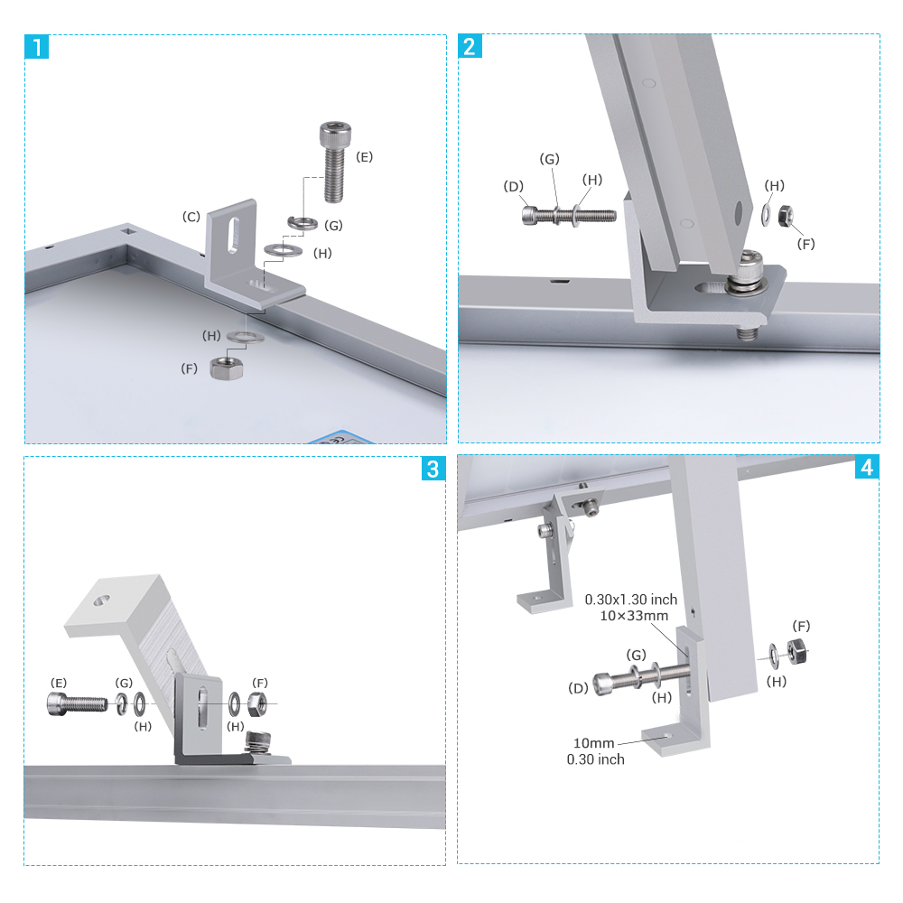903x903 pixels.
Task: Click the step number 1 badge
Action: coord(36,46)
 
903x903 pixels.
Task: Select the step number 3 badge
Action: coord(433,469)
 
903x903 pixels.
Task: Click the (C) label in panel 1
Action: coord(191,217)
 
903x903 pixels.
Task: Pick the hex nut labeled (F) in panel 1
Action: coord(223,368)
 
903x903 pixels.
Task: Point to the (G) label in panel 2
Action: coord(549,159)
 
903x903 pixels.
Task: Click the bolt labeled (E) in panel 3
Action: coord(76,702)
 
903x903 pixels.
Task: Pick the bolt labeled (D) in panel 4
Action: coord(632,677)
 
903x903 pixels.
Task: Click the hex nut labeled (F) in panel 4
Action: coord(797,650)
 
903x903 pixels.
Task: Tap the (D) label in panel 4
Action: coord(579,688)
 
